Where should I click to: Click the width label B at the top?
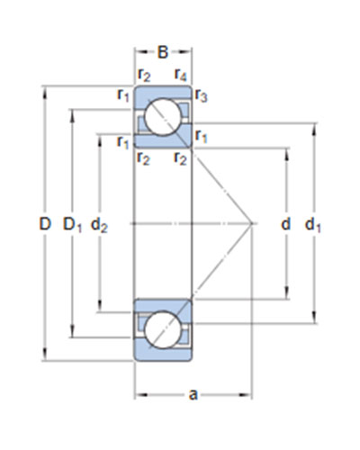[x=163, y=52]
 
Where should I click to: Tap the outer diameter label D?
[x=45, y=224]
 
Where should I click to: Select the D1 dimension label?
[x=72, y=225]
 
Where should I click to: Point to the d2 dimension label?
[x=99, y=225]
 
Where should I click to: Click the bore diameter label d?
[x=286, y=224]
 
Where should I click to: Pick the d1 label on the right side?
[x=313, y=225]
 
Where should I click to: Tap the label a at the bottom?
[x=193, y=395]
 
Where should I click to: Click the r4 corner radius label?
[x=181, y=75]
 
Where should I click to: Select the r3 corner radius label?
[x=201, y=95]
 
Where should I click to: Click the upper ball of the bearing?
[x=163, y=117]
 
